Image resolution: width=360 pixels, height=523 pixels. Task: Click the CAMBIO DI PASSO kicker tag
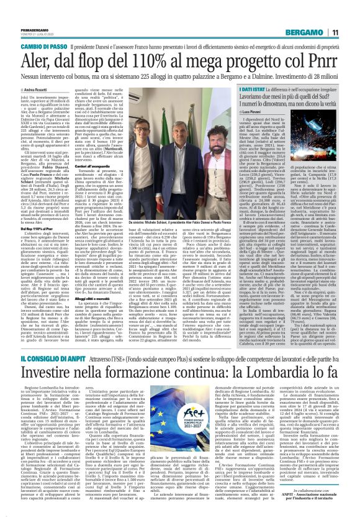(x=31, y=29)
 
